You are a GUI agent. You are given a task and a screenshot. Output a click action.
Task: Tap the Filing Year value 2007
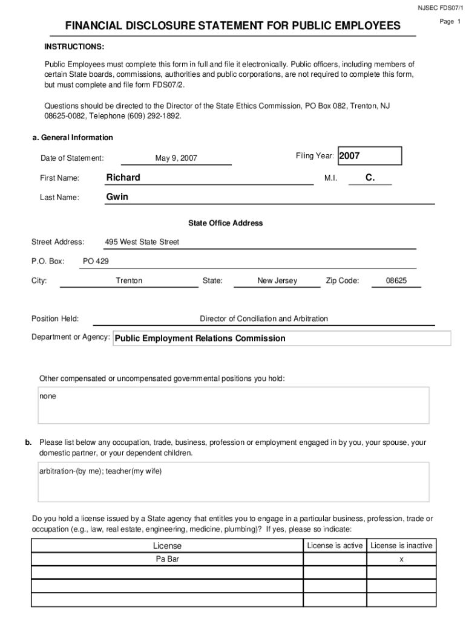350,156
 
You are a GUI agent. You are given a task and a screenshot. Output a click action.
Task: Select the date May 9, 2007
176,158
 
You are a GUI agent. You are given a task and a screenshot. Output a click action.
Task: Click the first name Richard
123,177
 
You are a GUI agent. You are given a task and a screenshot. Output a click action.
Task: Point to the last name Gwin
117,196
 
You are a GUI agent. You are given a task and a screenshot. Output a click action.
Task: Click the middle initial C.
370,177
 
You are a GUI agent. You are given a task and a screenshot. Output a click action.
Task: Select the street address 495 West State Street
142,242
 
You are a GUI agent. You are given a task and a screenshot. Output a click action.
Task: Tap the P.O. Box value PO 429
96,261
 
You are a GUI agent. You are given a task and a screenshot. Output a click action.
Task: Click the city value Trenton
129,280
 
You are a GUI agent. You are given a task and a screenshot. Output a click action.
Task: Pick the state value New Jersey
277,280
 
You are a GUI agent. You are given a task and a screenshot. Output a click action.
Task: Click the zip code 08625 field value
396,280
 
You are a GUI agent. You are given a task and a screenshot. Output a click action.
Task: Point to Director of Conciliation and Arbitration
264,319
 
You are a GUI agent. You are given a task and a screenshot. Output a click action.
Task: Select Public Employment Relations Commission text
200,339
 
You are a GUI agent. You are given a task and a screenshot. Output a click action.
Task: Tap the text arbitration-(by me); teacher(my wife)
102,472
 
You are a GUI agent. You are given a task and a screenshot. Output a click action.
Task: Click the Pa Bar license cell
167,559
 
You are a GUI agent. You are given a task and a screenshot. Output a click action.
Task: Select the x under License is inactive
401,559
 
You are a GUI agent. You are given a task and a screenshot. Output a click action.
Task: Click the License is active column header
335,545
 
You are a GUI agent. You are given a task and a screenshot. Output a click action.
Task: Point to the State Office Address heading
225,223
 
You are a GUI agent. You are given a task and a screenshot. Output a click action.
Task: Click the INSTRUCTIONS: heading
74,47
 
